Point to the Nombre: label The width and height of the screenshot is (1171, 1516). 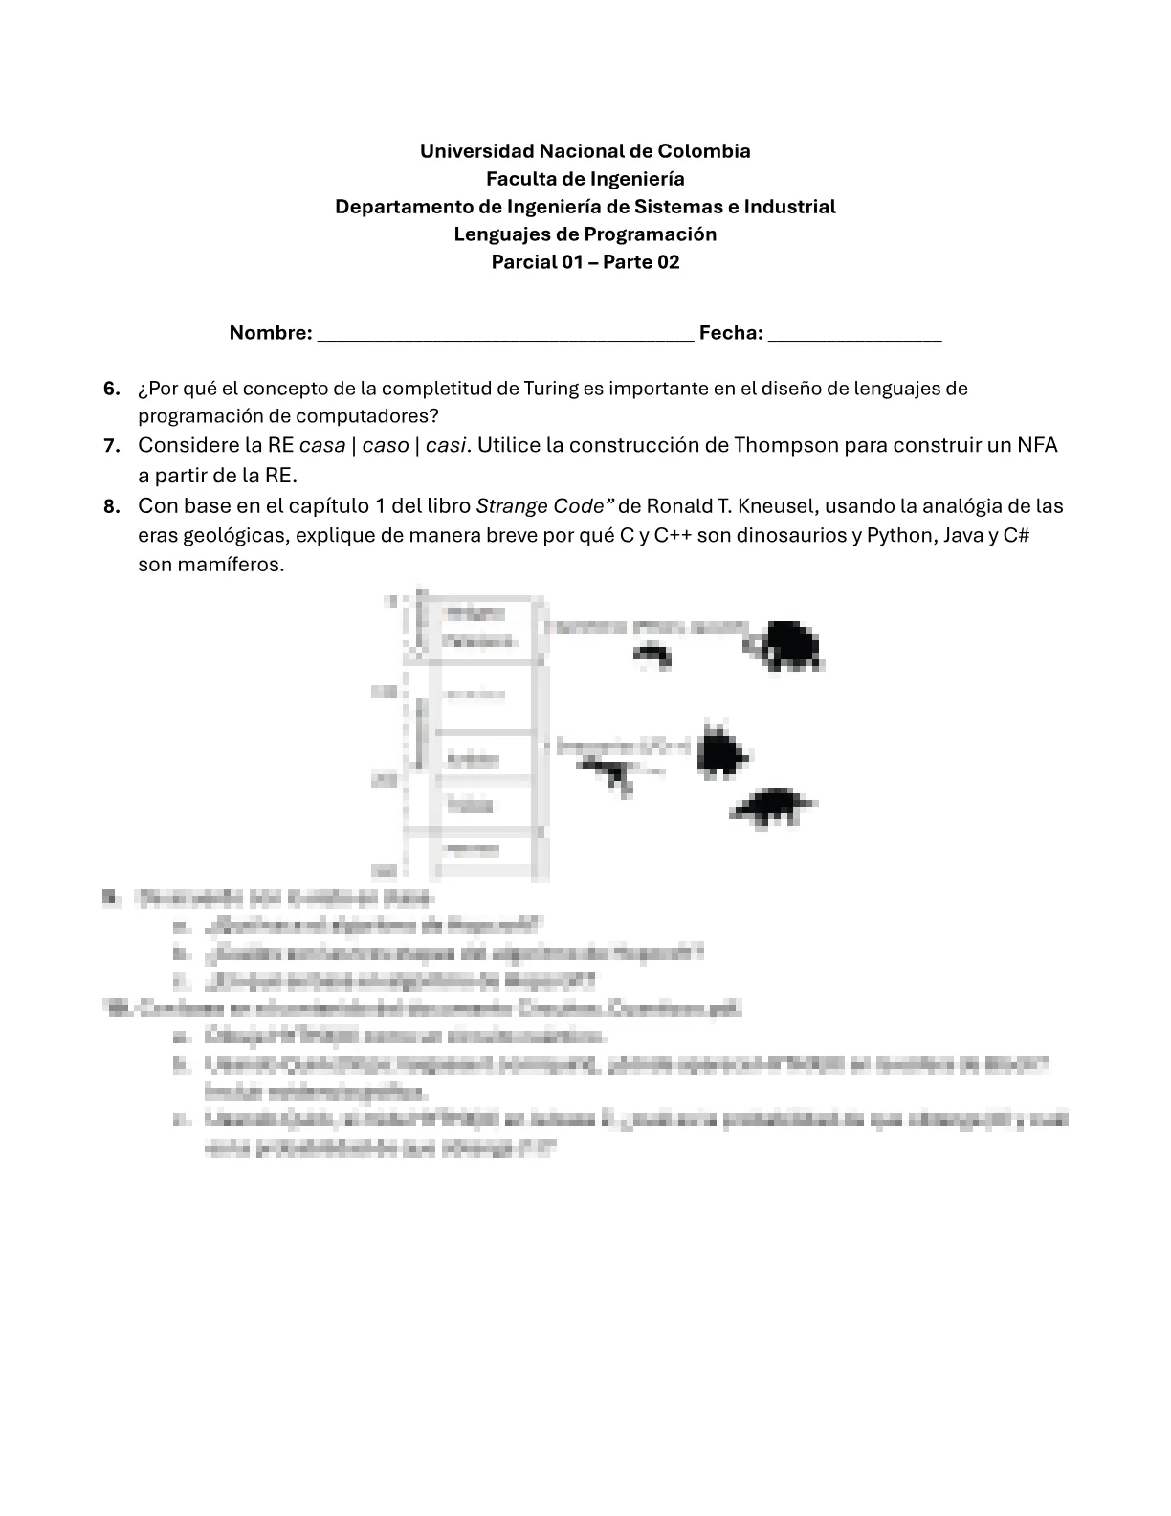click(271, 333)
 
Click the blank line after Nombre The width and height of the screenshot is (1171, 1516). click(505, 335)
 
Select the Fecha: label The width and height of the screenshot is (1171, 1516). click(731, 333)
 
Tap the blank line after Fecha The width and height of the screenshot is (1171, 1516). click(854, 335)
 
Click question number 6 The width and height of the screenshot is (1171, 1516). click(112, 389)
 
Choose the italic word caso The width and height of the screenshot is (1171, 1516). click(386, 445)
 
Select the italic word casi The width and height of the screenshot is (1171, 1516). click(447, 445)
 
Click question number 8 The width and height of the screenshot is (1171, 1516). click(112, 506)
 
